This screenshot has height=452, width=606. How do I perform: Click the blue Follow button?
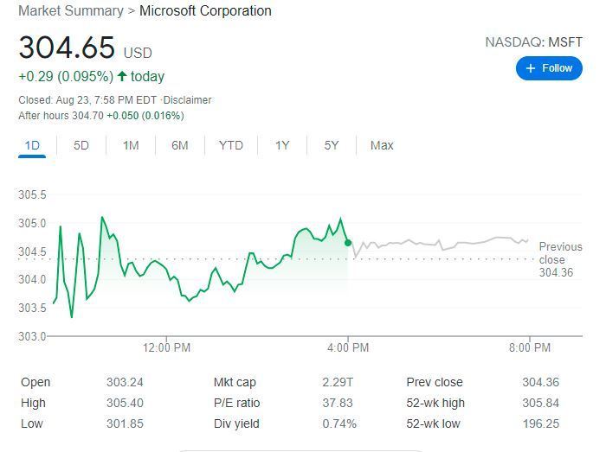tap(549, 67)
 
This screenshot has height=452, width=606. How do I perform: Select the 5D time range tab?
tap(81, 145)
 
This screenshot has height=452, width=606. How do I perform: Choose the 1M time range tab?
tap(131, 145)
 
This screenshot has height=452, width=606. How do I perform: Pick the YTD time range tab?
tap(231, 145)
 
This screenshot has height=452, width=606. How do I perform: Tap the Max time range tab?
tap(382, 145)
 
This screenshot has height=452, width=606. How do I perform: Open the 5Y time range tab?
tap(332, 145)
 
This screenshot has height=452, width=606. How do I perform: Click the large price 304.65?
tap(66, 47)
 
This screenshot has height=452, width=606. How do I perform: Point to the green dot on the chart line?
tap(348, 243)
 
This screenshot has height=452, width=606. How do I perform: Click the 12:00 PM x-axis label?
tap(166, 347)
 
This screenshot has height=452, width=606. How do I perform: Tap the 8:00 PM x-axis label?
tap(529, 347)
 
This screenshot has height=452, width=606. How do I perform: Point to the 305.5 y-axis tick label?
tap(32, 194)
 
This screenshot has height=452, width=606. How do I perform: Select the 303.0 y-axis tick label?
tap(32, 335)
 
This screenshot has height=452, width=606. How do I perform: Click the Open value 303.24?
tap(126, 382)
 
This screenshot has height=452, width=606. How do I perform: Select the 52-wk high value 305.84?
tap(541, 403)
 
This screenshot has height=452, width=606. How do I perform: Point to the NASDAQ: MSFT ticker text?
tap(533, 41)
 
